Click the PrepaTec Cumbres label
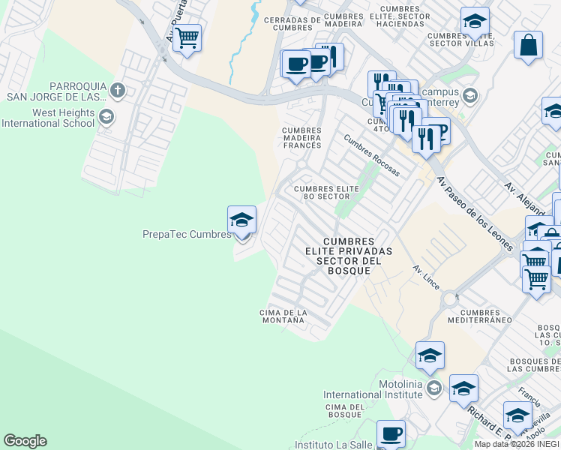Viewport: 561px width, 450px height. pyautogui.click(x=187, y=235)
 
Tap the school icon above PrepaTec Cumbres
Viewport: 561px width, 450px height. pyautogui.click(x=241, y=220)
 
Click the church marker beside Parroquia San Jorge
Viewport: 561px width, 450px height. pyautogui.click(x=116, y=91)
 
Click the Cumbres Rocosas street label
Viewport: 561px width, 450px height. pyautogui.click(x=371, y=155)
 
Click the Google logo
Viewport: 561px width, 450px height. pyautogui.click(x=25, y=441)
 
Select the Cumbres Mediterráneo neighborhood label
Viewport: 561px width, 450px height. pyautogui.click(x=480, y=316)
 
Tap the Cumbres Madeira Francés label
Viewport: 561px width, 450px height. pyautogui.click(x=301, y=139)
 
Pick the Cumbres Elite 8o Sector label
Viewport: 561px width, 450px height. pyautogui.click(x=322, y=192)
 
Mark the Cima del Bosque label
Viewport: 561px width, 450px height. pyautogui.click(x=345, y=411)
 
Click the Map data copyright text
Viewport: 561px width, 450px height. pyautogui.click(x=517, y=444)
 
